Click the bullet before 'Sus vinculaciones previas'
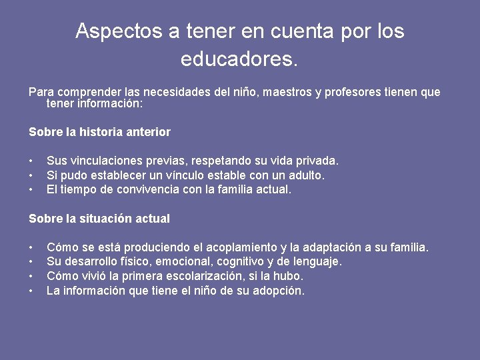tap(31, 161)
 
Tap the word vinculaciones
tap(102, 161)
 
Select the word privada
tap(318, 161)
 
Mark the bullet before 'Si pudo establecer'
tap(31, 175)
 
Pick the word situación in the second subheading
tap(107, 219)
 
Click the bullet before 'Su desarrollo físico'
tap(31, 262)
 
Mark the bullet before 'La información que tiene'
tap(31, 291)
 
